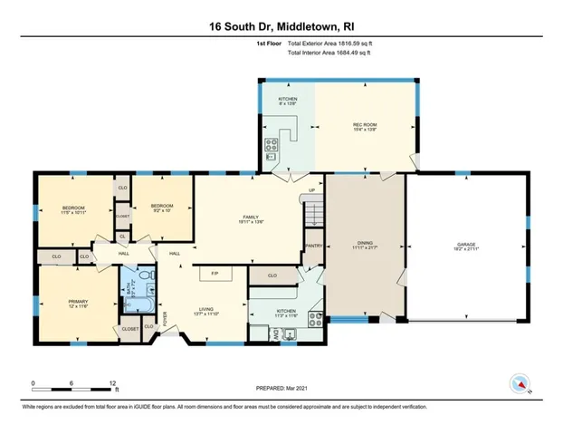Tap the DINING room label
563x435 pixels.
coord(365,243)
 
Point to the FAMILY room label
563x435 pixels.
coord(251,217)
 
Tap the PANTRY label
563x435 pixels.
coord(314,245)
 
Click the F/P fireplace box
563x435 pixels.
coord(215,274)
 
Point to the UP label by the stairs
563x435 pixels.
coord(311,189)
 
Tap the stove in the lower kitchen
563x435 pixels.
coord(314,318)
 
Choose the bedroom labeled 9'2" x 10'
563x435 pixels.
coord(162,207)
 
